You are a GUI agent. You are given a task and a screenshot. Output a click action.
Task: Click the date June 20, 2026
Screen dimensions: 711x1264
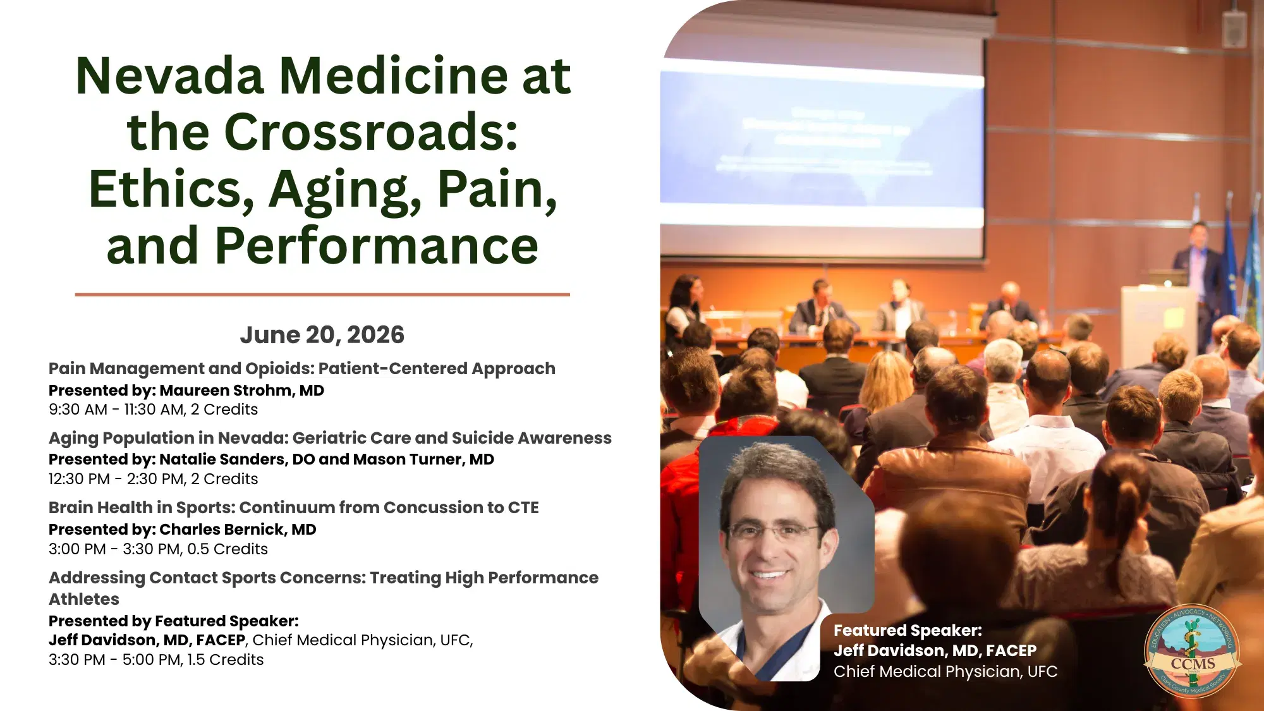[322, 335]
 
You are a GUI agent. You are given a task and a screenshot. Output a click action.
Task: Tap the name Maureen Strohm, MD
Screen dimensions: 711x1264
[241, 391]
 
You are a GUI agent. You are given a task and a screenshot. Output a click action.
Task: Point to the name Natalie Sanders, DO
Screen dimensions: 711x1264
[237, 459]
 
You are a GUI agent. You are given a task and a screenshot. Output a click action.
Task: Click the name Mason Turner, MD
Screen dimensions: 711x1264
[423, 459]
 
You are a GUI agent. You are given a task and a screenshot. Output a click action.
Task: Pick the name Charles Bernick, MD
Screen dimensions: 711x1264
[238, 530]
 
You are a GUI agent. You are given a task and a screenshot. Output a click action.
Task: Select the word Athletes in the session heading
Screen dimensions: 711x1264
[84, 599]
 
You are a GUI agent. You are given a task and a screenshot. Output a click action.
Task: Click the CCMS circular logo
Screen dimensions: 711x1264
[1192, 651]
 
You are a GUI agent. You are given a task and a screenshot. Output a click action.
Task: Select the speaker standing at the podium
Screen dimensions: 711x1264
[1196, 265]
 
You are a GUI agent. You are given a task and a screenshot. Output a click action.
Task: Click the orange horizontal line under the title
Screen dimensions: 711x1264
[322, 295]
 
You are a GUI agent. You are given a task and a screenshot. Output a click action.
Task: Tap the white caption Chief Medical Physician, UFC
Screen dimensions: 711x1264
[945, 671]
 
